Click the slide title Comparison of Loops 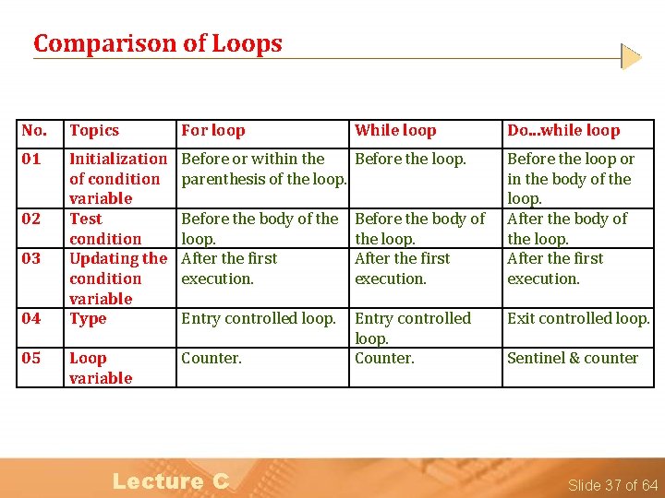[x=157, y=43]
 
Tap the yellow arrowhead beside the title [x=631, y=57]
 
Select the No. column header [x=34, y=131]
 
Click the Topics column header [x=94, y=131]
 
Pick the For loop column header [x=213, y=131]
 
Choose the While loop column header [x=395, y=131]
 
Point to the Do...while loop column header [x=563, y=131]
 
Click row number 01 [x=31, y=159]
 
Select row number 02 [x=31, y=219]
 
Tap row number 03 [x=31, y=258]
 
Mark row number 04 [x=31, y=318]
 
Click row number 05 [x=31, y=358]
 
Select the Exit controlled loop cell [x=578, y=318]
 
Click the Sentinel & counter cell [x=573, y=358]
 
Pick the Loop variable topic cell [x=101, y=368]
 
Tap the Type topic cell [x=88, y=318]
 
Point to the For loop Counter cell [x=212, y=358]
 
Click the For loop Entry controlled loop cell [x=259, y=318]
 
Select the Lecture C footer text [x=170, y=480]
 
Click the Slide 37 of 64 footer [x=612, y=485]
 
